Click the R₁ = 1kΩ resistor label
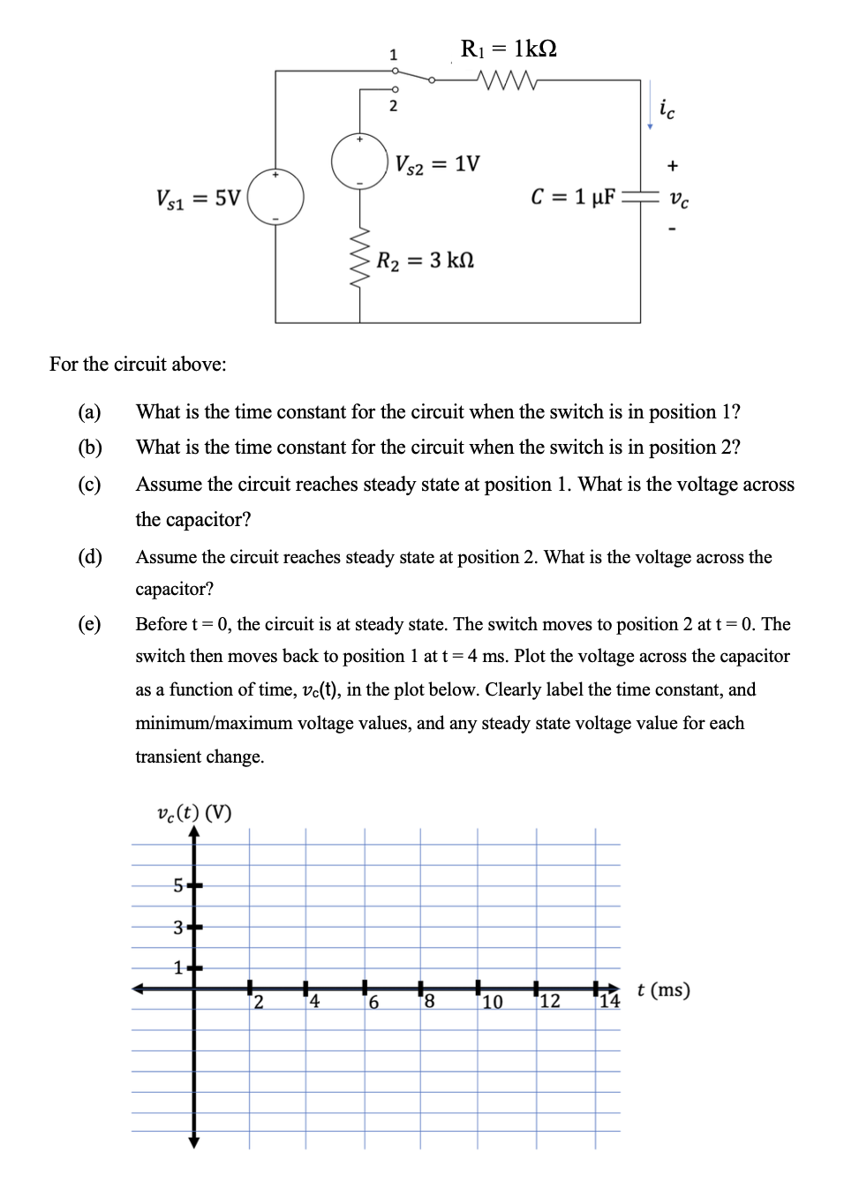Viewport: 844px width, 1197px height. pos(509,49)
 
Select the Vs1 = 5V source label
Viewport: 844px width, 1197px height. pos(198,199)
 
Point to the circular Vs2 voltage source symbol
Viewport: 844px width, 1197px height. pos(359,162)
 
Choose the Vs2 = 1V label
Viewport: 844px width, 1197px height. pos(437,164)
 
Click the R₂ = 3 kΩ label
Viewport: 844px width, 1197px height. pos(425,260)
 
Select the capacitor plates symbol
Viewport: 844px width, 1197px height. pos(640,197)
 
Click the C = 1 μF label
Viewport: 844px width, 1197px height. pos(573,197)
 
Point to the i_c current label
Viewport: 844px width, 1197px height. pos(667,109)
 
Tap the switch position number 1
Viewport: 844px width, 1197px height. pos(394,55)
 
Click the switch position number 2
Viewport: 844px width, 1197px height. pos(394,106)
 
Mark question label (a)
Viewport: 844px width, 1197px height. pos(89,412)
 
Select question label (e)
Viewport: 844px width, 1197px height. pos(89,624)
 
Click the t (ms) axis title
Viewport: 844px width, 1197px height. pos(663,990)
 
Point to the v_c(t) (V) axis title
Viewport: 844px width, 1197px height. pos(193,812)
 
